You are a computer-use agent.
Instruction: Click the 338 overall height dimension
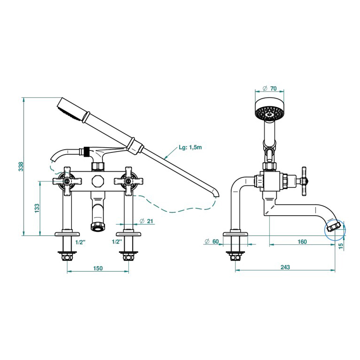(21, 167)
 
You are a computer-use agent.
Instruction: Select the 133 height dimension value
(37, 208)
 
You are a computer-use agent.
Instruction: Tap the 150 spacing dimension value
(98, 268)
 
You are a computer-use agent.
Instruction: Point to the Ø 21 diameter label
(146, 221)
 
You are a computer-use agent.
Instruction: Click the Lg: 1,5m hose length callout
(190, 147)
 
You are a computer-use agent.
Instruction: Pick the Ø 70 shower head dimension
(270, 88)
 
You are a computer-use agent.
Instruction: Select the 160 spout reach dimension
(302, 242)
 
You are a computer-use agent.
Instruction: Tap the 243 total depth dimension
(285, 267)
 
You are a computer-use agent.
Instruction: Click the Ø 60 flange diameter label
(211, 241)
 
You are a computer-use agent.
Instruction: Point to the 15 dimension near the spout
(341, 245)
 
